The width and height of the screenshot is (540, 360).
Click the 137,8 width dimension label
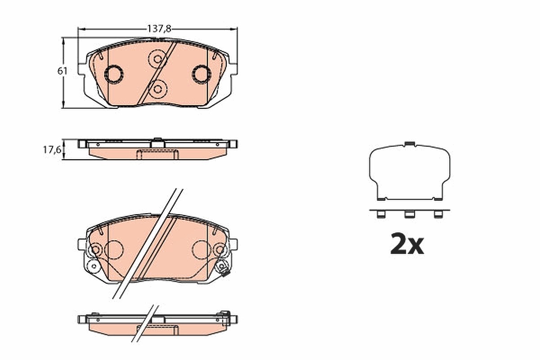tap(159, 29)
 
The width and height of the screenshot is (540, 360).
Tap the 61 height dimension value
tap(63, 71)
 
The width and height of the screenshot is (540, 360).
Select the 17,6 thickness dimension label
tap(52, 150)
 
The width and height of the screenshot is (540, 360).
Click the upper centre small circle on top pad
tap(157, 59)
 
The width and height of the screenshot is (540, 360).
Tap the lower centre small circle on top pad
tap(157, 89)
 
